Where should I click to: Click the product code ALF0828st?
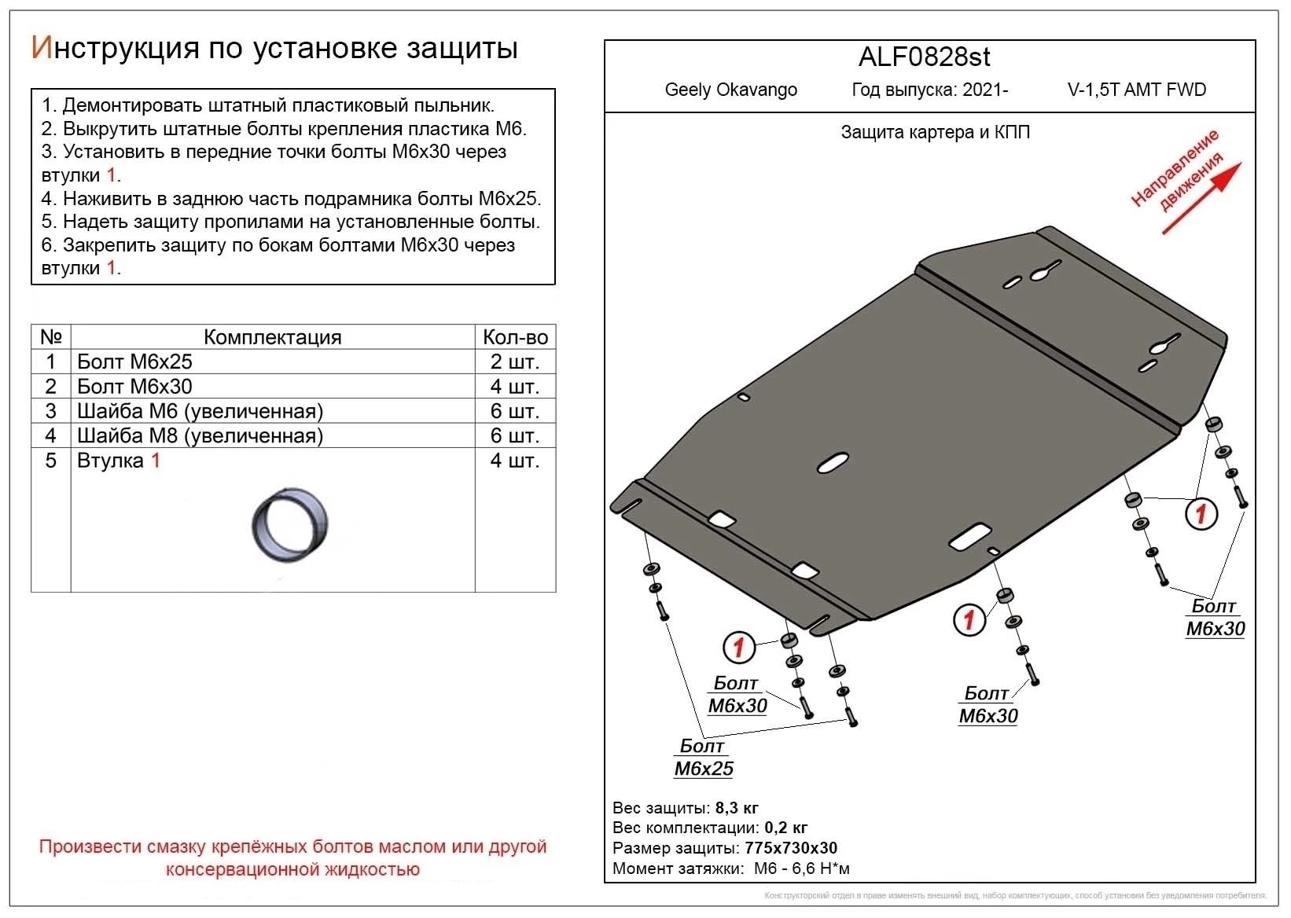(x=924, y=57)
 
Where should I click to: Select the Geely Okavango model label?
(x=730, y=90)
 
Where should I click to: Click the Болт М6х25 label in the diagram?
(x=703, y=758)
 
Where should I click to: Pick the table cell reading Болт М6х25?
(x=134, y=362)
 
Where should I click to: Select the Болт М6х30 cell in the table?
(x=134, y=386)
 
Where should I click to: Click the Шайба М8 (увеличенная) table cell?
(x=200, y=435)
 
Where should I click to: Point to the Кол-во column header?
(x=515, y=337)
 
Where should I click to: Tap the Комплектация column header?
(x=272, y=337)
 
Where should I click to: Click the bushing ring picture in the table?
(x=289, y=525)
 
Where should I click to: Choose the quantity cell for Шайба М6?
(x=515, y=411)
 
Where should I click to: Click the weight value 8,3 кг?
(x=737, y=808)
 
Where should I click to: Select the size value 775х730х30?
(x=791, y=848)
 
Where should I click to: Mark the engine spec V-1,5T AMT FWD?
(x=1136, y=90)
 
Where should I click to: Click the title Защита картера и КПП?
(x=935, y=132)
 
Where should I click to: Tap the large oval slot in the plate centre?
(x=833, y=464)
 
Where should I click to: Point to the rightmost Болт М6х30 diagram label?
(x=1215, y=617)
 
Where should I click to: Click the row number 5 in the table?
(x=51, y=461)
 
